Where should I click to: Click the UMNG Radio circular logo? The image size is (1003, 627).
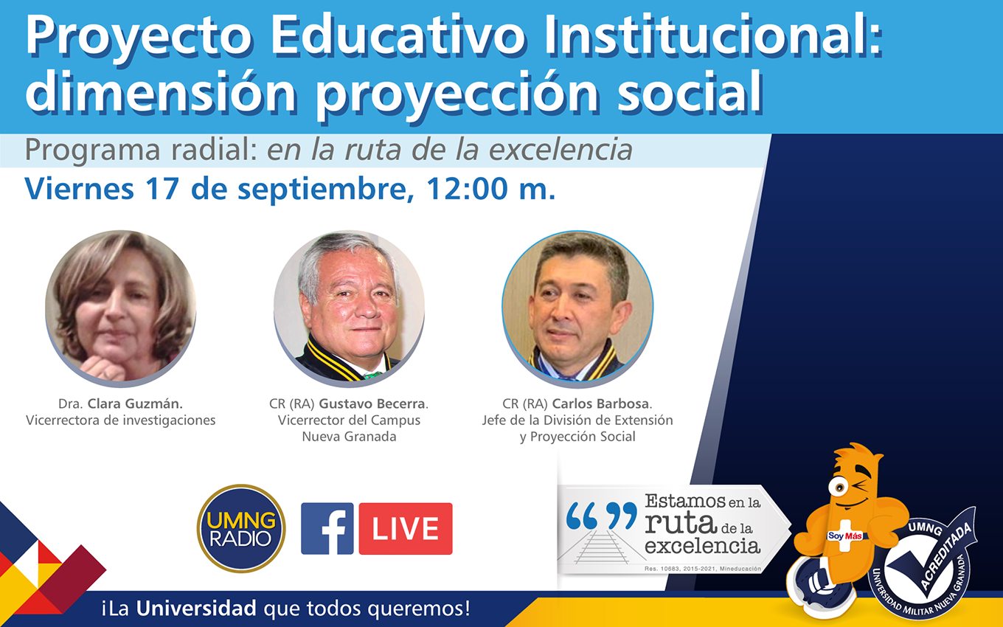pyautogui.click(x=241, y=528)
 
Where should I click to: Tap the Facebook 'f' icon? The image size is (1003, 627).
pyautogui.click(x=327, y=528)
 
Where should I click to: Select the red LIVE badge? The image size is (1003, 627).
pyautogui.click(x=406, y=528)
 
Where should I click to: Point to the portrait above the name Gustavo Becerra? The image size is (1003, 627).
pyautogui.click(x=350, y=308)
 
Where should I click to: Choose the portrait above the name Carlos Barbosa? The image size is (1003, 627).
pyautogui.click(x=577, y=308)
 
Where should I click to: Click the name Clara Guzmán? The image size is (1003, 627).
pyautogui.click(x=135, y=404)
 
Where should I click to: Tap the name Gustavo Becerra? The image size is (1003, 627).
pyautogui.click(x=372, y=404)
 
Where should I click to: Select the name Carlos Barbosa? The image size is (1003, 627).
pyautogui.click(x=600, y=404)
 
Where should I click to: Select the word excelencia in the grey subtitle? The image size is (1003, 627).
pyautogui.click(x=560, y=150)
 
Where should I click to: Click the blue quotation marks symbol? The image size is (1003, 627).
pyautogui.click(x=601, y=516)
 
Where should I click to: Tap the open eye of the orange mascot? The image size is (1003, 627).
pyautogui.click(x=838, y=488)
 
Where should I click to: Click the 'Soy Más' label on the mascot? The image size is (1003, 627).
pyautogui.click(x=844, y=536)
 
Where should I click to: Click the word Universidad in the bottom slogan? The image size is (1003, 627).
pyautogui.click(x=196, y=608)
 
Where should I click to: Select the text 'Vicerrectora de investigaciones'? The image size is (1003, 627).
pyautogui.click(x=120, y=420)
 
